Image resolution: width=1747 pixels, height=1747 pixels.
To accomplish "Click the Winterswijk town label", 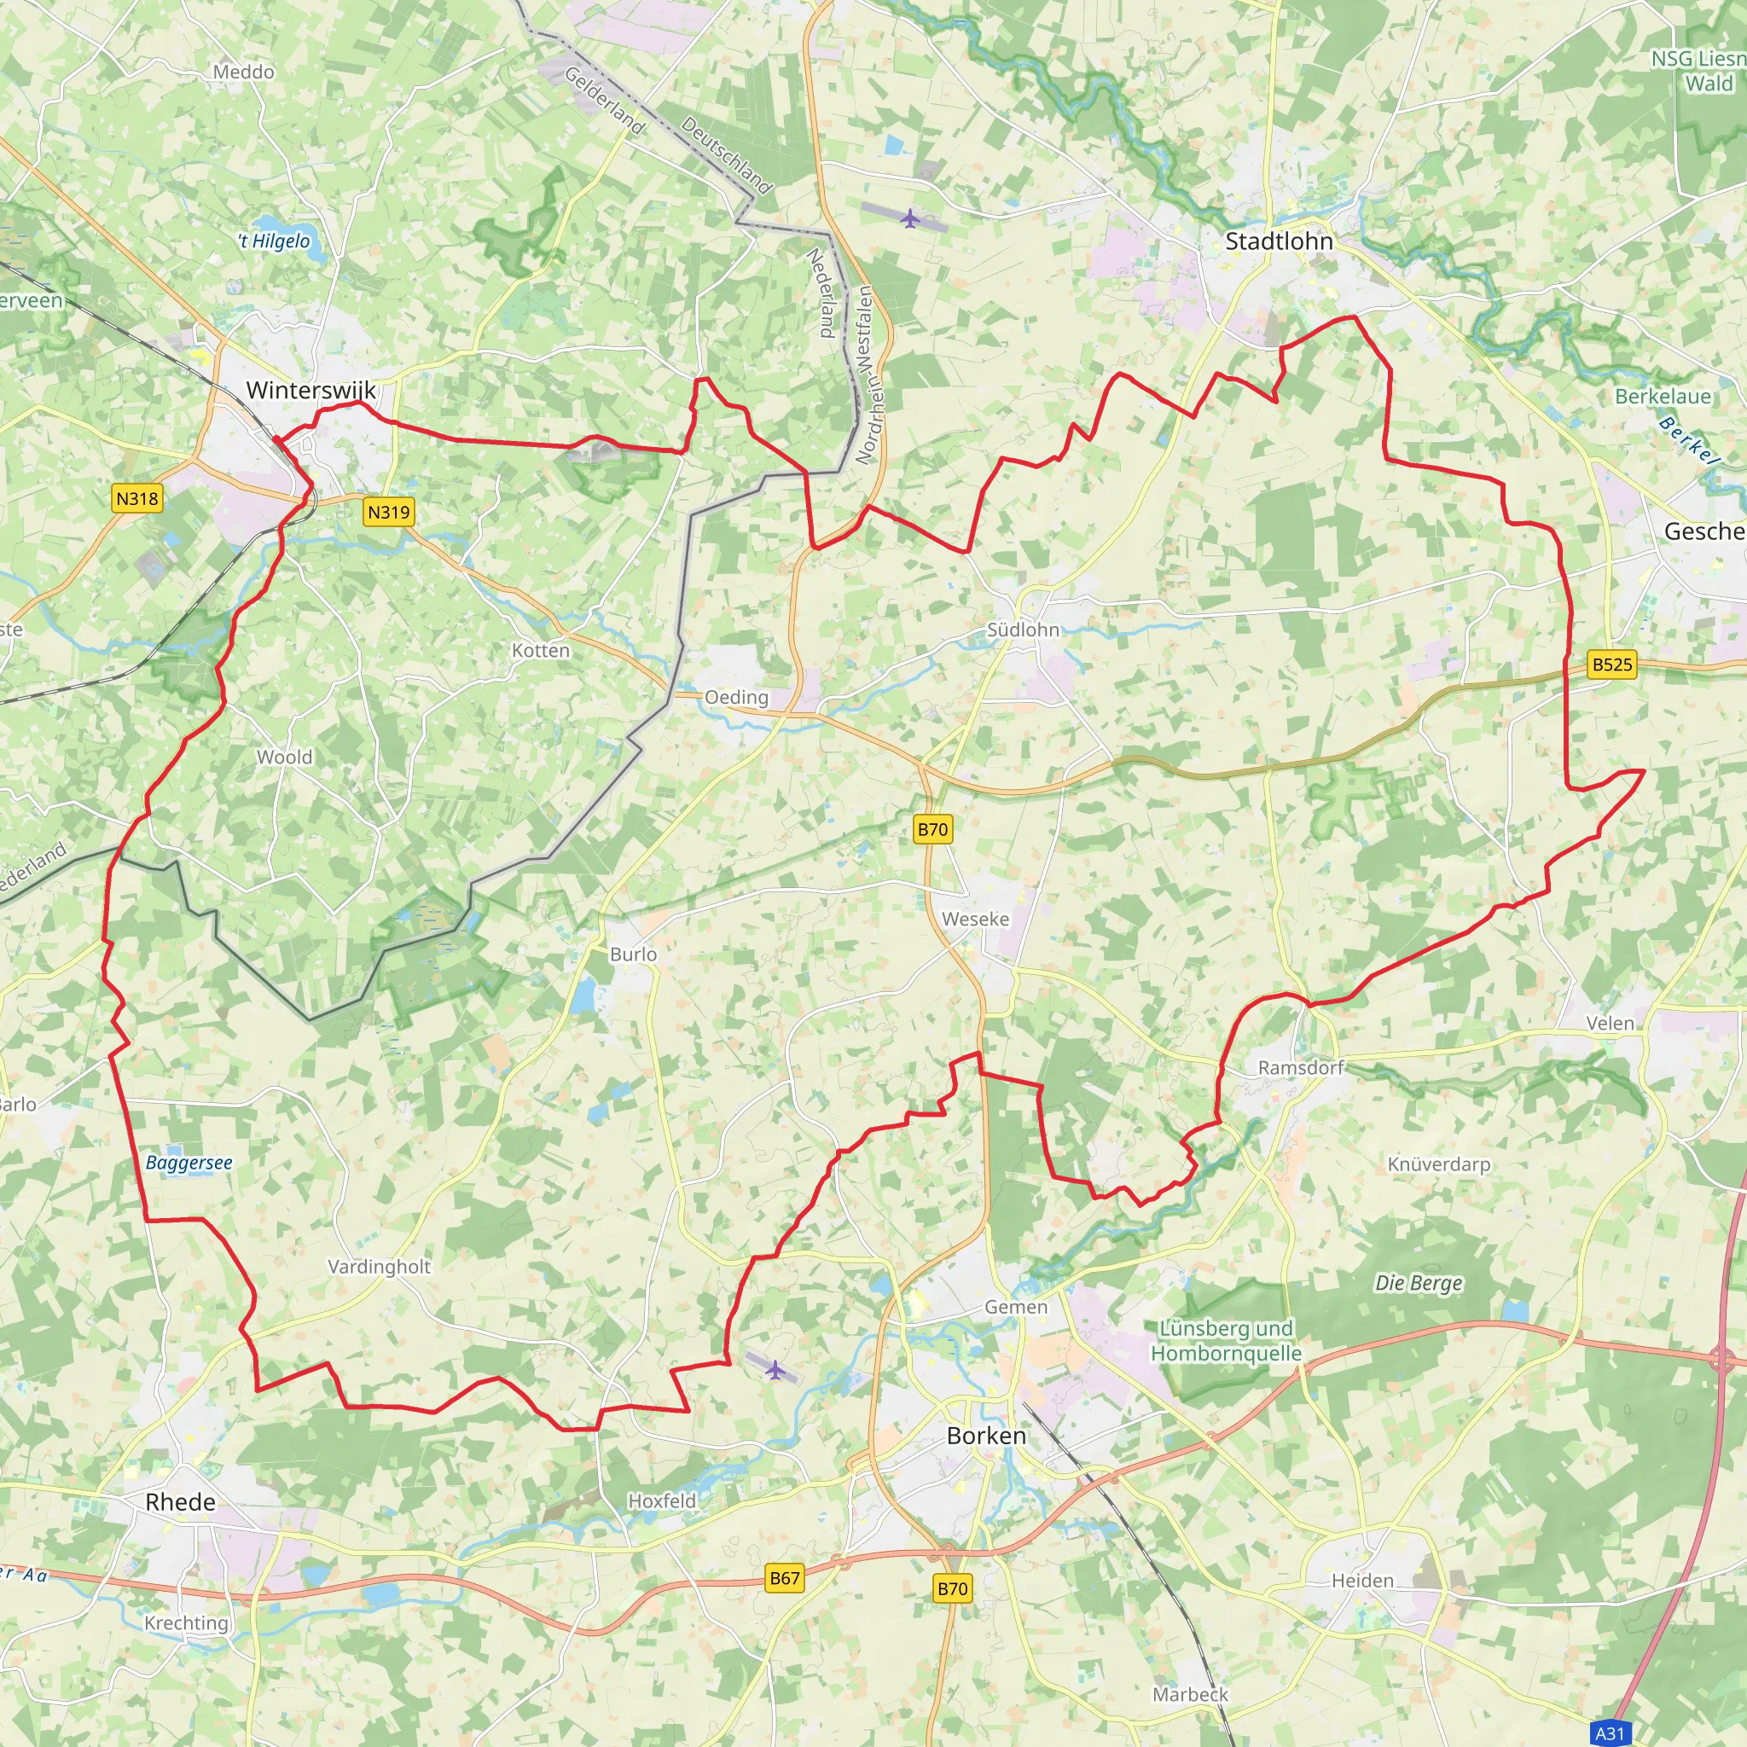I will point(311,391).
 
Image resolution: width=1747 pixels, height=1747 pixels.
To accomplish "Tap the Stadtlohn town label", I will point(1279,241).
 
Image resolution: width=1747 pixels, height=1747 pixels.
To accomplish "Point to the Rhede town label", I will point(180,1502).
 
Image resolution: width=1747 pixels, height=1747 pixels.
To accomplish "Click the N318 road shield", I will point(137,498).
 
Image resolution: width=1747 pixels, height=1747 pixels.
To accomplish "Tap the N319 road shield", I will point(389,512).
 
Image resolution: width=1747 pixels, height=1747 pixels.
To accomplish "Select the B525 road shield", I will point(1612,665).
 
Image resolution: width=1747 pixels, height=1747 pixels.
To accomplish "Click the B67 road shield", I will point(784,1578).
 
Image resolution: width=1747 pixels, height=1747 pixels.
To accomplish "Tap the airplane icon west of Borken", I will point(774,1370).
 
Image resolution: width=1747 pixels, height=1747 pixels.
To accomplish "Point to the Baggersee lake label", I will point(189,1163).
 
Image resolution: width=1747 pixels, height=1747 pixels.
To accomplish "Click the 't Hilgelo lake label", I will point(274,241).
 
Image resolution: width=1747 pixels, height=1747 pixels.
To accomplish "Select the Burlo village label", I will point(633,954).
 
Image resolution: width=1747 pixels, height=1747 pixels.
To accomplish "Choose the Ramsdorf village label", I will point(1300,1068).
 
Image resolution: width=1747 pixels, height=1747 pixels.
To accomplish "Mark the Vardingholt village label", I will point(379,1267).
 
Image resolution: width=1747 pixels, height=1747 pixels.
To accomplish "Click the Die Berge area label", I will point(1418,1283).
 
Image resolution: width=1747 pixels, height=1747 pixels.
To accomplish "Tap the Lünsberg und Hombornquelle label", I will point(1225,1341).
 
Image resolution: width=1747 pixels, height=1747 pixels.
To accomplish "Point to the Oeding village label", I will point(736,697).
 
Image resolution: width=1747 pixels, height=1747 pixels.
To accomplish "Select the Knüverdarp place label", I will point(1439,1164).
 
